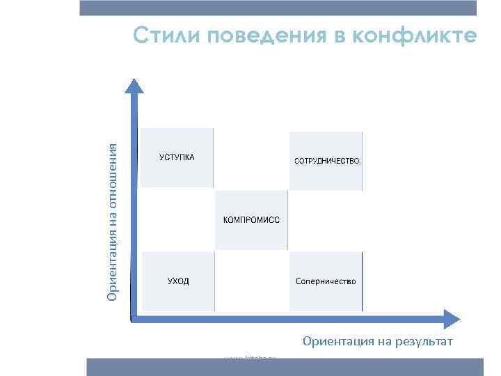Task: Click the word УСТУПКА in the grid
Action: click(x=177, y=157)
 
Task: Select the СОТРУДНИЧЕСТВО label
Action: click(x=326, y=161)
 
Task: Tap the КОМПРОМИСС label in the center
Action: click(x=251, y=220)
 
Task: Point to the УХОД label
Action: click(x=177, y=281)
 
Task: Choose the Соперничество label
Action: click(x=326, y=281)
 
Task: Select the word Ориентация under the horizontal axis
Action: click(x=334, y=341)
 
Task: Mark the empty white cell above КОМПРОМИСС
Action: click(x=251, y=159)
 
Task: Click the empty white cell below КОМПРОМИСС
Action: click(x=251, y=281)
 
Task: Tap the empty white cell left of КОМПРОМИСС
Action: click(x=177, y=220)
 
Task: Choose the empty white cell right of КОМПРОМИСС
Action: click(x=326, y=220)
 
